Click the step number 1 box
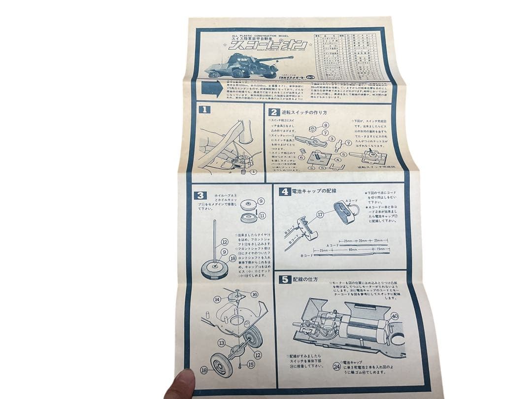pyautogui.click(x=204, y=110)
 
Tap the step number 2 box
pyautogui.click(x=273, y=111)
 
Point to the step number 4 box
pyautogui.click(x=285, y=192)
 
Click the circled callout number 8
pyautogui.click(x=325, y=125)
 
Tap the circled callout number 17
pyautogui.click(x=320, y=214)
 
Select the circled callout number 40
pyautogui.click(x=394, y=316)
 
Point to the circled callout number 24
pyautogui.click(x=336, y=366)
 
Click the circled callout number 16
pyautogui.click(x=254, y=294)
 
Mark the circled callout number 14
pyautogui.click(x=217, y=299)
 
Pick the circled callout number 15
pyautogui.click(x=250, y=365)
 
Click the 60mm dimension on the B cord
pyautogui.click(x=353, y=249)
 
